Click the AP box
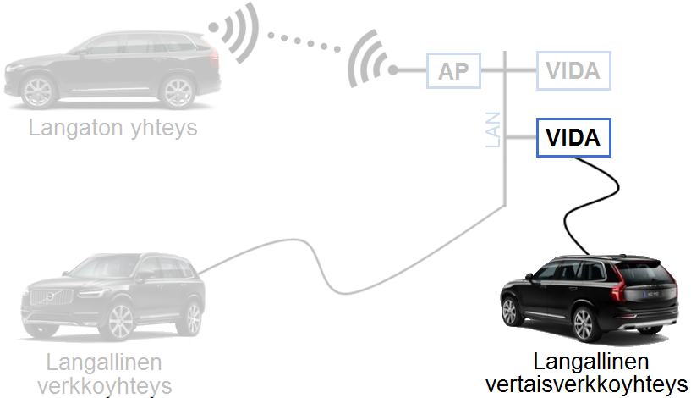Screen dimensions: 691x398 pyautogui.click(x=453, y=70)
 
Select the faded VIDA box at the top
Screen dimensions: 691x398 pyautogui.click(x=573, y=70)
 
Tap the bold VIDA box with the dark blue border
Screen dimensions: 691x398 pyautogui.click(x=573, y=138)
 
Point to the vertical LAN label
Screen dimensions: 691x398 pyautogui.click(x=493, y=130)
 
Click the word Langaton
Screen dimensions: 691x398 pyautogui.click(x=75, y=128)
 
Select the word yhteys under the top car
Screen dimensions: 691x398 pyautogui.click(x=164, y=129)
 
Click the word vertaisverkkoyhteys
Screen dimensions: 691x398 pyautogui.click(x=587, y=384)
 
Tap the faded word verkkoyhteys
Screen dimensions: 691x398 pyautogui.click(x=104, y=385)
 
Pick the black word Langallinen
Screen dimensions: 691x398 pyautogui.click(x=591, y=362)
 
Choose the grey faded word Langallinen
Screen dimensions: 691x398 pyautogui.click(x=104, y=362)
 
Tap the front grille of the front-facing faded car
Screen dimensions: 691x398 pyautogui.click(x=50, y=296)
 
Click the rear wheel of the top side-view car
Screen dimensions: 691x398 pyautogui.click(x=178, y=91)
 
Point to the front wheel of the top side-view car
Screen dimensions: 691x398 pyautogui.click(x=38, y=91)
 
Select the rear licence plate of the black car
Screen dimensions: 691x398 pyautogui.click(x=652, y=294)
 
